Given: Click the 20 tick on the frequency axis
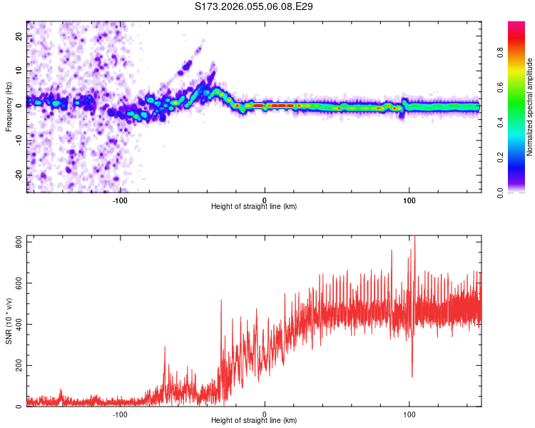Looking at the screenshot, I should point(19,36).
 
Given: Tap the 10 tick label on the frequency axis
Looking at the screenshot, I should point(19,71).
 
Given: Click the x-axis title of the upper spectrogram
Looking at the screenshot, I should point(254,207).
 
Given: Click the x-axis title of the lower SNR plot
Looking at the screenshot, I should point(254,421).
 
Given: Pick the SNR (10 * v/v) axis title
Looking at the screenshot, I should point(8,321).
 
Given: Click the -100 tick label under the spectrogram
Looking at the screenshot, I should point(120,200).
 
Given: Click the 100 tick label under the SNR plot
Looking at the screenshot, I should point(409,414).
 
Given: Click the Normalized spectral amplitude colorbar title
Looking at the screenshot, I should point(529,107).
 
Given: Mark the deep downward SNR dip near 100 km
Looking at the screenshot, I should point(412,375).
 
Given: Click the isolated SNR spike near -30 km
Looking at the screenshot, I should point(221,301).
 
